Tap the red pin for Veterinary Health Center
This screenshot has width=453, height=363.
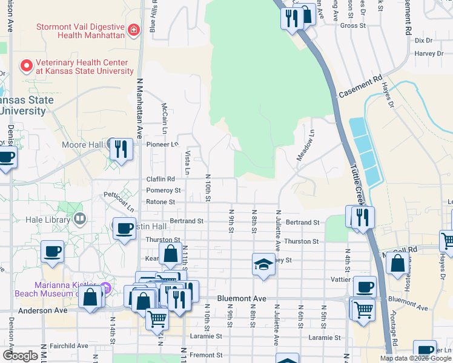coord(27,65)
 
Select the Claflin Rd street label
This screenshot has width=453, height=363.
coord(160,179)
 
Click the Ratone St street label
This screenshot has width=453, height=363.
coord(160,202)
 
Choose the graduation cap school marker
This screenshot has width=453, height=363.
coord(263,264)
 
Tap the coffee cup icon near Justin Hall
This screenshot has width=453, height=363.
coord(125,229)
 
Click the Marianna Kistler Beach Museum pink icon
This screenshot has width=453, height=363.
coord(106,286)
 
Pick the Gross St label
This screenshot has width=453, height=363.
coord(354,26)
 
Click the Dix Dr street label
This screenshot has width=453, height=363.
coord(424,41)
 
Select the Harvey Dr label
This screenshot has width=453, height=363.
coord(429,53)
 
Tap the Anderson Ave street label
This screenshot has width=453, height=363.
coord(42,311)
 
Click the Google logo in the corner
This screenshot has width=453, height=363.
coord(21,356)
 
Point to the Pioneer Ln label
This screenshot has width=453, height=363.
coord(163,145)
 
